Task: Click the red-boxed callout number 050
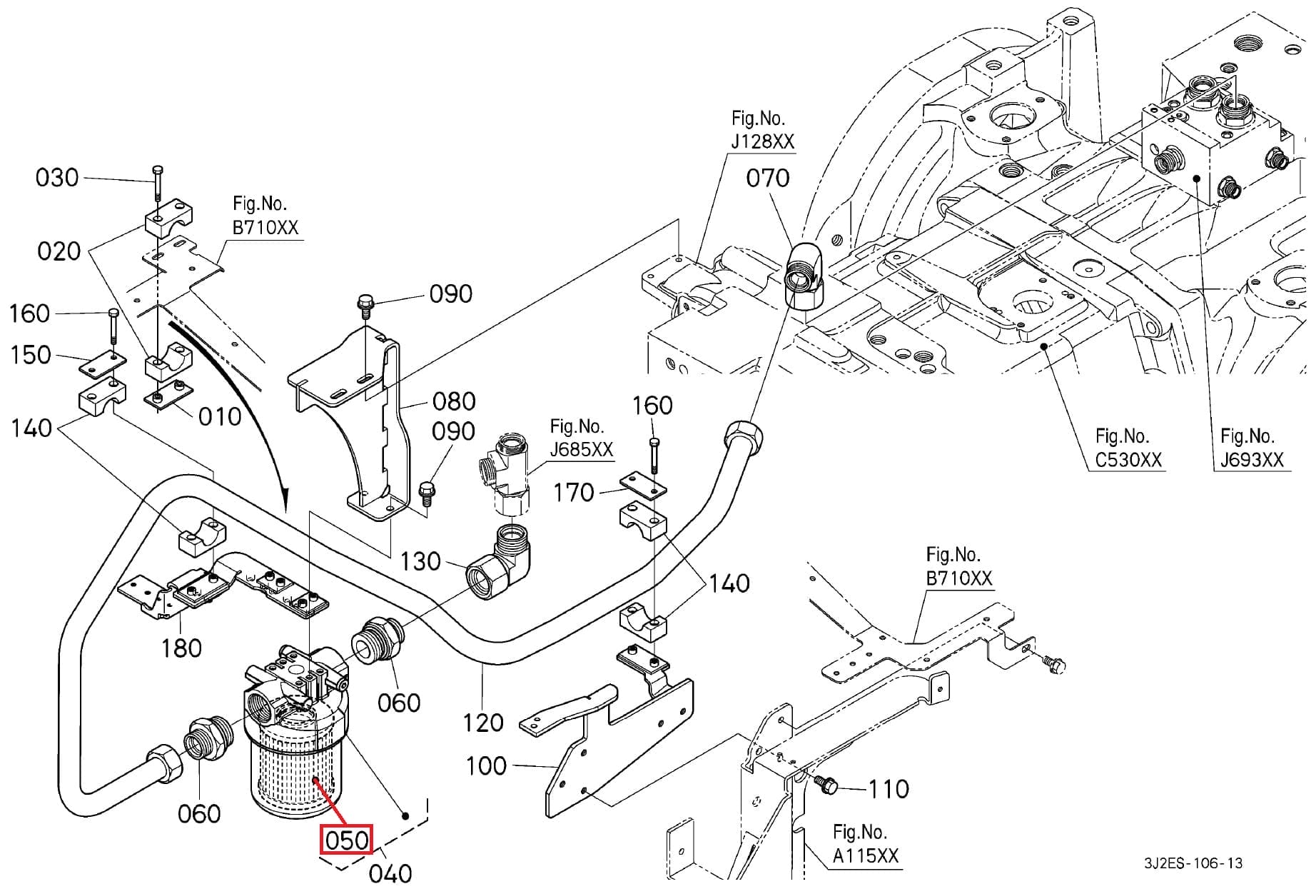(346, 840)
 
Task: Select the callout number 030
(57, 177)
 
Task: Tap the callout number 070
(767, 178)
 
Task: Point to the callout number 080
(454, 401)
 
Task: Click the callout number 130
(420, 561)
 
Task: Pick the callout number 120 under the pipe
(483, 723)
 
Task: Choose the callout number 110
(889, 789)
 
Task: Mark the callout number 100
(486, 766)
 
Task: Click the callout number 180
(181, 648)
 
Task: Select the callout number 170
(574, 493)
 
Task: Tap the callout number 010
(220, 416)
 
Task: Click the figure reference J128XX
(761, 141)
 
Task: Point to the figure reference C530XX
(1128, 459)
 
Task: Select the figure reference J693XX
(1251, 459)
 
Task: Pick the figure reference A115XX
(866, 855)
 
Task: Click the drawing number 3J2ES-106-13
(1193, 863)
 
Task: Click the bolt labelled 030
(157, 183)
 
